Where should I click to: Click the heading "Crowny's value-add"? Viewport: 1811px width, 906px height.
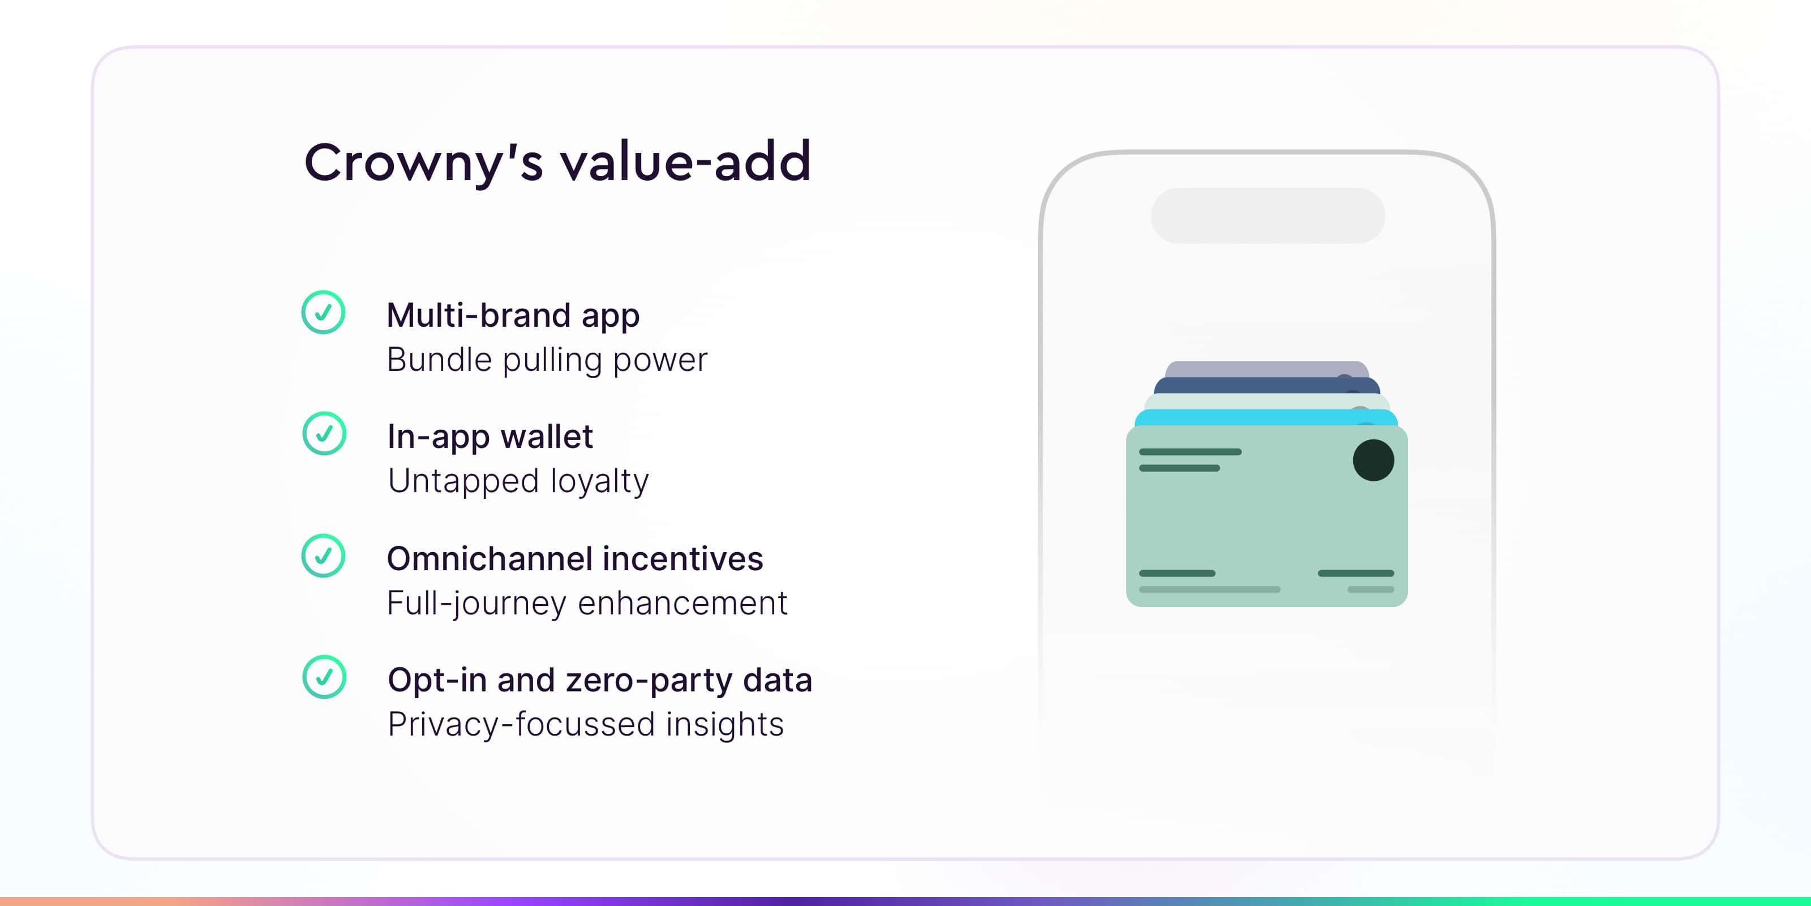pyautogui.click(x=557, y=163)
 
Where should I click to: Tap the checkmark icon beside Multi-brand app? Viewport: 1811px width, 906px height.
pyautogui.click(x=323, y=313)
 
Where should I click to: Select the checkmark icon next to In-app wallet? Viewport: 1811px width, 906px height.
pyautogui.click(x=324, y=433)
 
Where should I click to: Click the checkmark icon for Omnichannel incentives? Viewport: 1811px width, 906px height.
pyautogui.click(x=323, y=555)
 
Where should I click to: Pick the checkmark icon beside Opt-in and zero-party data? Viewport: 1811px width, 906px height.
pyautogui.click(x=324, y=677)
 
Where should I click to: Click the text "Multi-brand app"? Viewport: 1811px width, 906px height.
pyautogui.click(x=513, y=316)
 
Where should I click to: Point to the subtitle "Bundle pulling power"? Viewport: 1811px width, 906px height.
pyautogui.click(x=547, y=360)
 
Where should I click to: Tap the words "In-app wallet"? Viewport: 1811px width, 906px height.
pyautogui.click(x=490, y=437)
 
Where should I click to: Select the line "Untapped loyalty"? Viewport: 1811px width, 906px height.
pyautogui.click(x=518, y=481)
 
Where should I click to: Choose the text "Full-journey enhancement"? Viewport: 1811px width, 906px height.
pyautogui.click(x=587, y=604)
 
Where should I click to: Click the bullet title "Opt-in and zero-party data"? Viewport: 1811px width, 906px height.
pyautogui.click(x=600, y=680)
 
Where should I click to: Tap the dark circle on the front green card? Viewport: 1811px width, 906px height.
pyautogui.click(x=1373, y=460)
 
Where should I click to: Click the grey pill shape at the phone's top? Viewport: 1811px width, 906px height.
pyautogui.click(x=1268, y=215)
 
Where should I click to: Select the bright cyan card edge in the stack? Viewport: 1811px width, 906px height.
pyautogui.click(x=1266, y=418)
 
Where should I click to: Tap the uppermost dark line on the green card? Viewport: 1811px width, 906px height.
pyautogui.click(x=1190, y=452)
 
